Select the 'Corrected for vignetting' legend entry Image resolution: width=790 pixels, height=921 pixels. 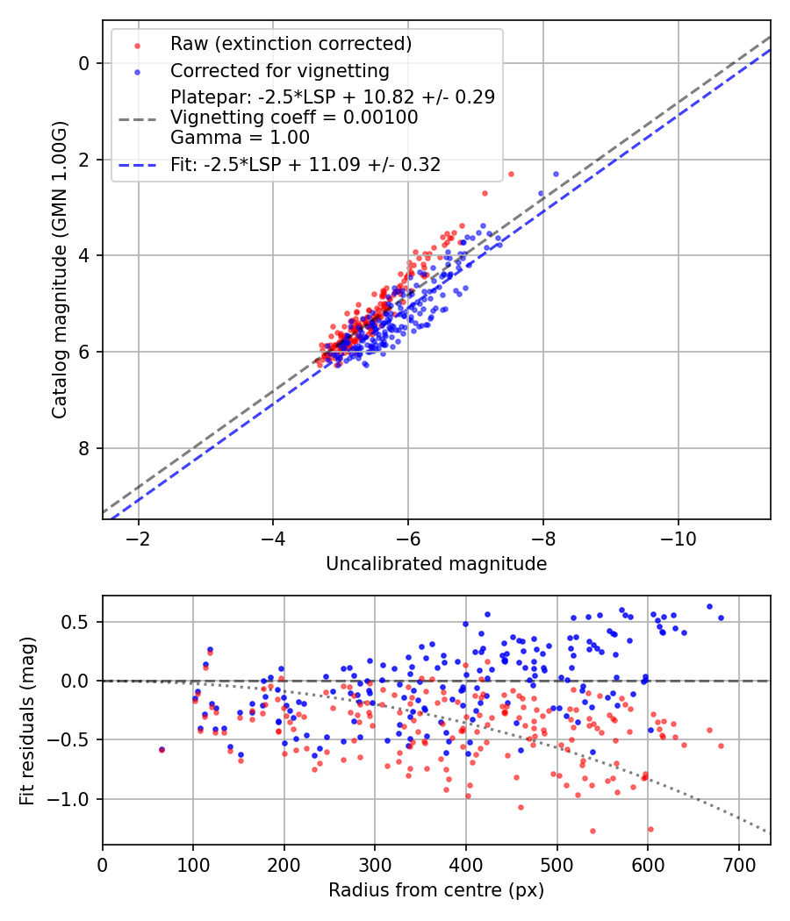tap(279, 70)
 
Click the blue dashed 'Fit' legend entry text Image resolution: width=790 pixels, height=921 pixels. tap(305, 164)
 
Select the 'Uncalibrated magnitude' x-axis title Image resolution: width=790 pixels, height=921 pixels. tap(436, 564)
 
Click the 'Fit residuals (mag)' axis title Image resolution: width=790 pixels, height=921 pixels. tap(27, 719)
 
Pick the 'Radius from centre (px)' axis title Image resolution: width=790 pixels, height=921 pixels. tap(436, 890)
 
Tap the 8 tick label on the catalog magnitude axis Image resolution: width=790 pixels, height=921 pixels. tap(85, 448)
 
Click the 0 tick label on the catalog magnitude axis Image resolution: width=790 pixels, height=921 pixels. tap(85, 63)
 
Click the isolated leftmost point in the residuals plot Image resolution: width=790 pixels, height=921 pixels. tap(162, 750)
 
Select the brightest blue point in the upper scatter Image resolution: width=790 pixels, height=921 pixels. tap(554, 175)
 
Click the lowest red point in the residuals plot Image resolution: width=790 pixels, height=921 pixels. tap(592, 831)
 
